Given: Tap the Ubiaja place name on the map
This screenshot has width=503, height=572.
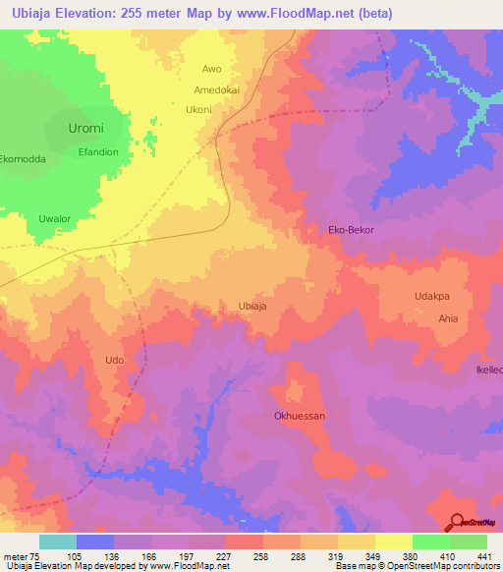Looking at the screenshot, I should pyautogui.click(x=252, y=306).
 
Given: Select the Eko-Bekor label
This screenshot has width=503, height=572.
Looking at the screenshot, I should pyautogui.click(x=351, y=229).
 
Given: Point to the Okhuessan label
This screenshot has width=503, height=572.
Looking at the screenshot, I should pyautogui.click(x=299, y=416).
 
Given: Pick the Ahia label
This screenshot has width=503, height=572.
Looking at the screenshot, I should pyautogui.click(x=448, y=318).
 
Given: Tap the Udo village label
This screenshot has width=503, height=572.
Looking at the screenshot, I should pyautogui.click(x=114, y=361).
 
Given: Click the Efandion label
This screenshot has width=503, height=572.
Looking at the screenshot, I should pyautogui.click(x=98, y=152).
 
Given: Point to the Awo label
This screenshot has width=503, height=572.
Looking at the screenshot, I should pyautogui.click(x=211, y=69).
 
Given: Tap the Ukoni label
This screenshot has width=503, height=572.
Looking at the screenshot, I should pyautogui.click(x=198, y=109).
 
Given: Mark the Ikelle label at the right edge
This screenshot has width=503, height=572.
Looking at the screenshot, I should pyautogui.click(x=488, y=370).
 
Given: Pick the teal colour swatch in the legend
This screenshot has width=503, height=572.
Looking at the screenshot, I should pyautogui.click(x=58, y=542).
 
